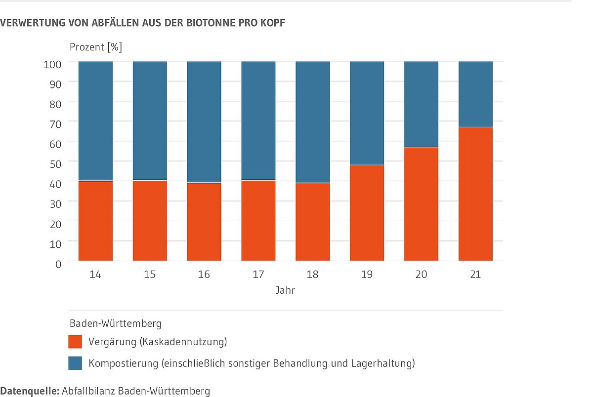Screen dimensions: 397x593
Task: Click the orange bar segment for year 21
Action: (475, 194)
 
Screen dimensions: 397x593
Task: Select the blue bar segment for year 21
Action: (475, 94)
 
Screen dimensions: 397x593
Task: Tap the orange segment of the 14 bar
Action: (95, 221)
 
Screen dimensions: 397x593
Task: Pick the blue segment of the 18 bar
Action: (312, 122)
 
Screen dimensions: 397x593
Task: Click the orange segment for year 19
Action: (367, 213)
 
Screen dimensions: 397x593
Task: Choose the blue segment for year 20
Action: (421, 104)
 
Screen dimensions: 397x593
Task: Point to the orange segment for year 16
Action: (204, 222)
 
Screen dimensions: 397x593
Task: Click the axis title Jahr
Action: (285, 291)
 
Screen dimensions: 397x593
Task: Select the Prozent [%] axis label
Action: (96, 47)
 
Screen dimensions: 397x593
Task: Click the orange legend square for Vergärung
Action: (75, 341)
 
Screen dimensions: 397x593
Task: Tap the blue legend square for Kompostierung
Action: (75, 363)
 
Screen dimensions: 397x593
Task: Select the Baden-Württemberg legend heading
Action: (115, 324)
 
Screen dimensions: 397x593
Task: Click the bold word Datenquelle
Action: (30, 391)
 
